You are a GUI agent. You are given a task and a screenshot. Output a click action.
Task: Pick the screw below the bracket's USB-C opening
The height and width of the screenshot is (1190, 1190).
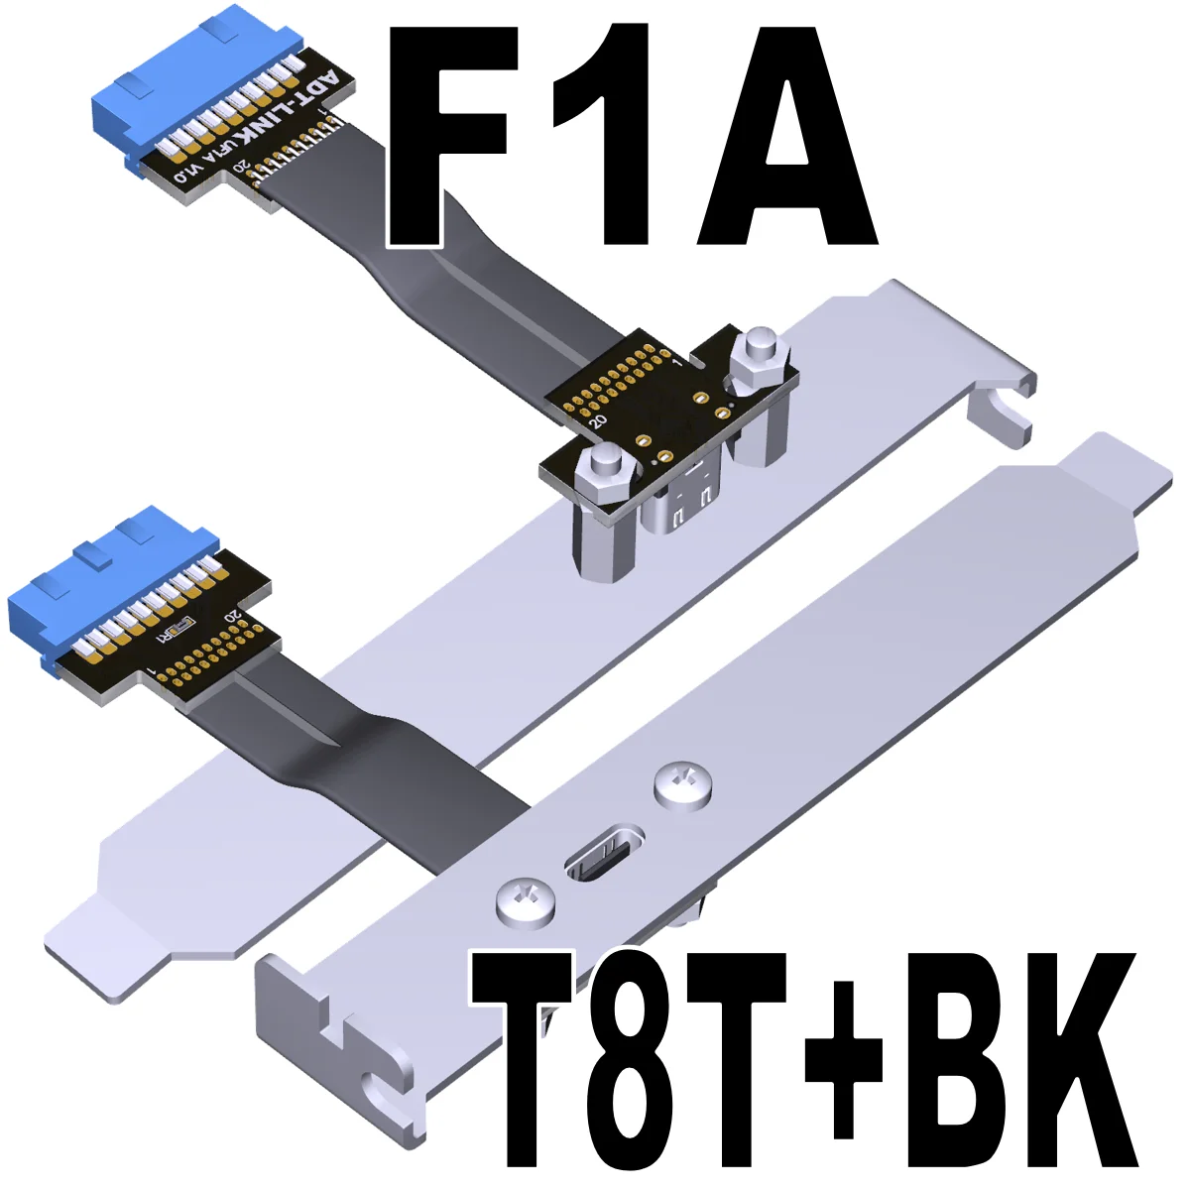click(x=522, y=902)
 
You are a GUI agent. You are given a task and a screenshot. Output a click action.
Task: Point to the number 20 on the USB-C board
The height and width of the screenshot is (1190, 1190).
click(x=597, y=420)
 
